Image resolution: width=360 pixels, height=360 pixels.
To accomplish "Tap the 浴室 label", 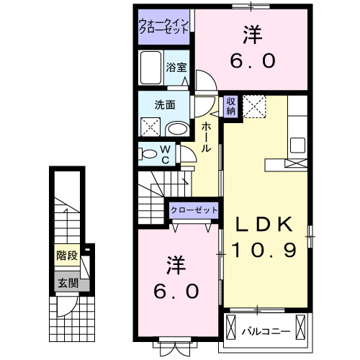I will pyautogui.click(x=176, y=67).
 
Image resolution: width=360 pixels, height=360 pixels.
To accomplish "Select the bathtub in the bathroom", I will pyautogui.click(x=151, y=70).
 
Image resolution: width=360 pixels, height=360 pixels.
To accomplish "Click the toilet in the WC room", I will pyautogui.click(x=149, y=153).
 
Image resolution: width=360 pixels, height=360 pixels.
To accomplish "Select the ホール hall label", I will pyautogui.click(x=207, y=137).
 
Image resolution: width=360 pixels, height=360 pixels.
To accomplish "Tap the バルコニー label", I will pyautogui.click(x=274, y=332).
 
